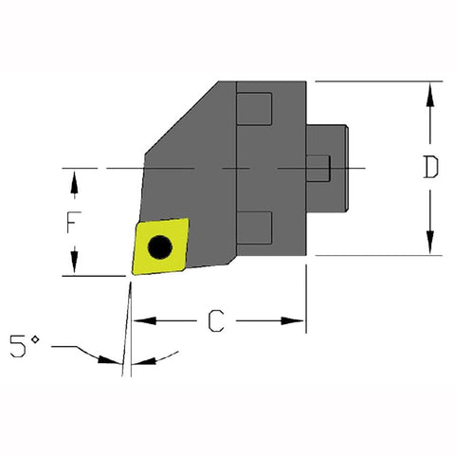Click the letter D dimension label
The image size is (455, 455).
pos(430,168)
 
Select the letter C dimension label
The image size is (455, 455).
pos(216,322)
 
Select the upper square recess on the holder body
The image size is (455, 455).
pos(253,108)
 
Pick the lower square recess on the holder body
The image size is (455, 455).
pos(253,226)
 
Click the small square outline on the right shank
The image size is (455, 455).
pos(322,168)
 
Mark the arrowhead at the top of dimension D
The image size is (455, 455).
pos(430,89)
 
